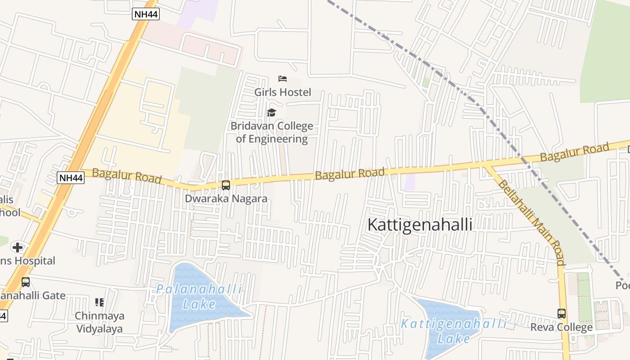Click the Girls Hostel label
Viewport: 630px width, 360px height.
click(x=283, y=92)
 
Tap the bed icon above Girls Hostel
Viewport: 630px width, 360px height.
click(x=283, y=79)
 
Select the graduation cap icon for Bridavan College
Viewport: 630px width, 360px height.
click(x=271, y=112)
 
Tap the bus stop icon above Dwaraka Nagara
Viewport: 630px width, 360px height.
click(x=226, y=185)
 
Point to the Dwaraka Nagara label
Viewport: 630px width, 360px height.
click(x=226, y=198)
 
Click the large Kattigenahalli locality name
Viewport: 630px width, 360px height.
click(x=420, y=225)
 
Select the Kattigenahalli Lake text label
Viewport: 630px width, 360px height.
click(x=454, y=331)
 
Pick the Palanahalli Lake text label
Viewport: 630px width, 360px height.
click(x=199, y=297)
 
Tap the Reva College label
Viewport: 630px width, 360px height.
click(x=561, y=327)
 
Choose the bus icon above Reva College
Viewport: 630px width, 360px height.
click(x=562, y=314)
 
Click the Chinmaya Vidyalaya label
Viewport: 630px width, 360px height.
click(x=99, y=322)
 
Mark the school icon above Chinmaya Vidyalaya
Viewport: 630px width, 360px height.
click(x=99, y=302)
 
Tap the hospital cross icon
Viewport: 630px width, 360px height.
click(x=18, y=247)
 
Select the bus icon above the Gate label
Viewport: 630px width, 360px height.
click(x=26, y=282)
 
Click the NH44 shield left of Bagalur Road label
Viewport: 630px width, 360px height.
click(x=71, y=178)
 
